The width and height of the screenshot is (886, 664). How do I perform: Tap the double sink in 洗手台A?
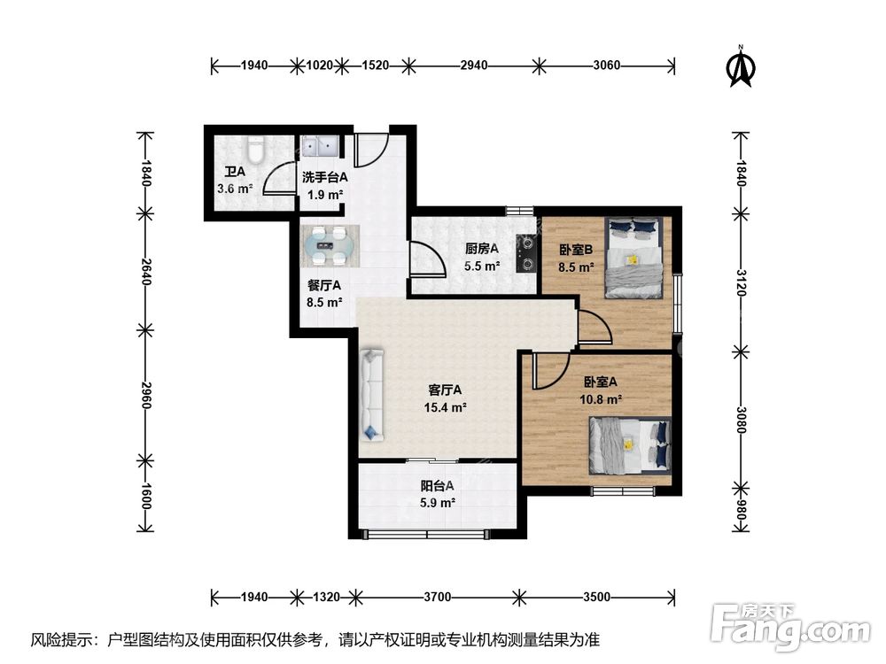pyautogui.click(x=320, y=146)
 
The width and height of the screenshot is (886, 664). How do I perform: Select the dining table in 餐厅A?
pyautogui.click(x=330, y=245)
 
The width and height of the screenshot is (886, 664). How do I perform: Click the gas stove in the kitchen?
pyautogui.click(x=526, y=253)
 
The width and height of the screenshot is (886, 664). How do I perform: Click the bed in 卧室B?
pyautogui.click(x=633, y=258)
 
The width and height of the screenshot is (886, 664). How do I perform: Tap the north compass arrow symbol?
pyautogui.click(x=741, y=66)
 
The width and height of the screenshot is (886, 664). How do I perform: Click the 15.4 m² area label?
pyautogui.click(x=446, y=407)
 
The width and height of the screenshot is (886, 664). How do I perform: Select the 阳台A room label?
pyautogui.click(x=437, y=485)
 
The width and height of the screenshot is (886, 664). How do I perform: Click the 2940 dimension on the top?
pyautogui.click(x=473, y=66)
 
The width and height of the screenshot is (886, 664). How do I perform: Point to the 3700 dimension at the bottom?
pyautogui.click(x=438, y=597)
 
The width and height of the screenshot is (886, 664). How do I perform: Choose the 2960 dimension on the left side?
pyautogui.click(x=146, y=395)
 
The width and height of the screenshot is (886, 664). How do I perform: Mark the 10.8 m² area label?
pyautogui.click(x=601, y=400)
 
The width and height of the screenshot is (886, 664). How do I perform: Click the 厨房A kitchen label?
pyautogui.click(x=481, y=249)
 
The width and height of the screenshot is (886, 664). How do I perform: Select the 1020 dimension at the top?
pyautogui.click(x=319, y=66)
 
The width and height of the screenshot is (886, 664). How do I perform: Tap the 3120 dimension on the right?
pyautogui.click(x=742, y=283)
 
